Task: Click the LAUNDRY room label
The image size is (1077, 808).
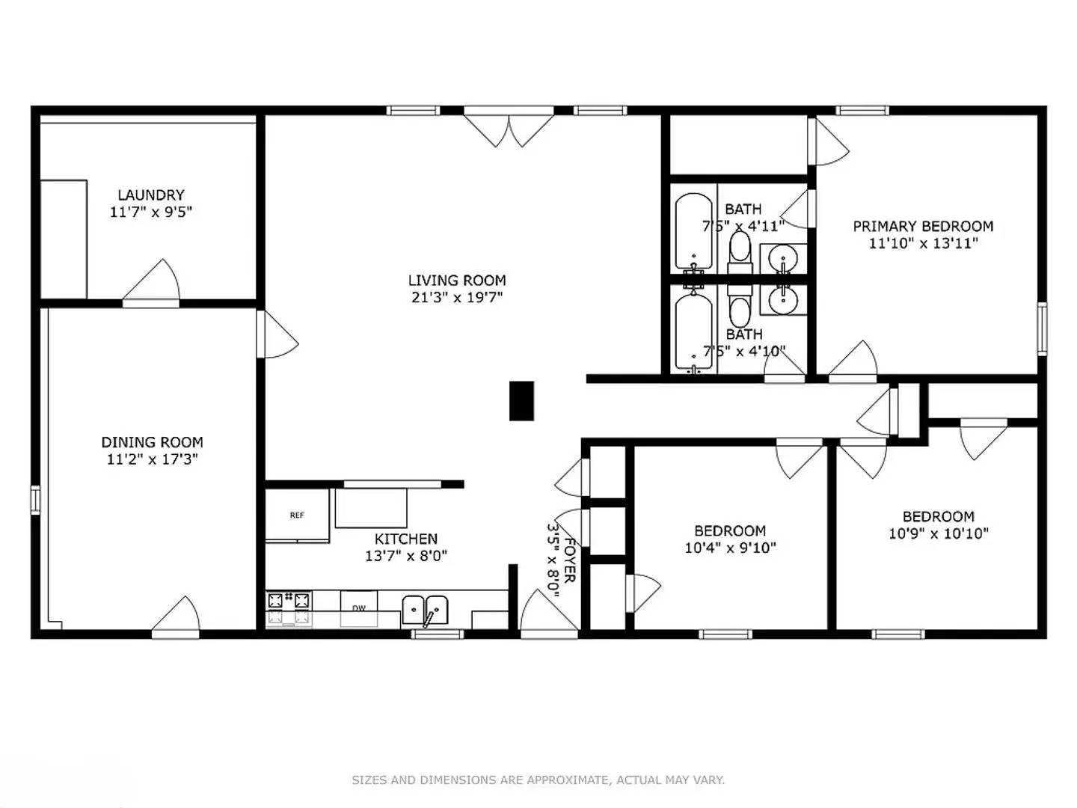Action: click(x=150, y=195)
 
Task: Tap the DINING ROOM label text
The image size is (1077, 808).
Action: click(x=152, y=442)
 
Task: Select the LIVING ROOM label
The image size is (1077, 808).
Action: click(x=456, y=281)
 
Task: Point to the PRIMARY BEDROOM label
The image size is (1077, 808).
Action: click(x=923, y=226)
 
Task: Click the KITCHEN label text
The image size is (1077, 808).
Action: click(x=405, y=539)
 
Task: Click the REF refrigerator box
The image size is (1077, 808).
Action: click(x=297, y=515)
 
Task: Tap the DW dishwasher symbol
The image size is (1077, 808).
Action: click(x=359, y=607)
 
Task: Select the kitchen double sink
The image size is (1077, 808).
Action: click(x=425, y=610)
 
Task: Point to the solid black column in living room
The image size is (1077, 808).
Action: click(x=521, y=400)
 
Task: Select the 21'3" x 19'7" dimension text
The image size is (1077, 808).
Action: click(x=456, y=297)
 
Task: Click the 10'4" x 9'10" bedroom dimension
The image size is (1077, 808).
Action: click(x=730, y=548)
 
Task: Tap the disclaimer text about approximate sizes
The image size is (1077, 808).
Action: click(x=538, y=780)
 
